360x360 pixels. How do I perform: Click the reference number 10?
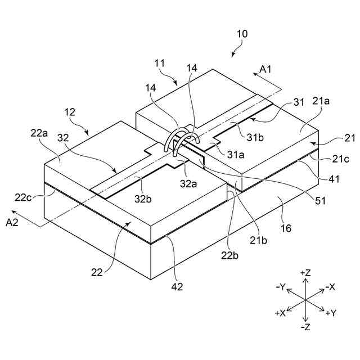[x=241, y=34]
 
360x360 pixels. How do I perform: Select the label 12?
[x=70, y=113]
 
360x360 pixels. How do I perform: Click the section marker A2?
[x=12, y=223]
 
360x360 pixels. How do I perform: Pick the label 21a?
[x=321, y=101]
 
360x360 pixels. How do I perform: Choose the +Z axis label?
[x=305, y=273]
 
